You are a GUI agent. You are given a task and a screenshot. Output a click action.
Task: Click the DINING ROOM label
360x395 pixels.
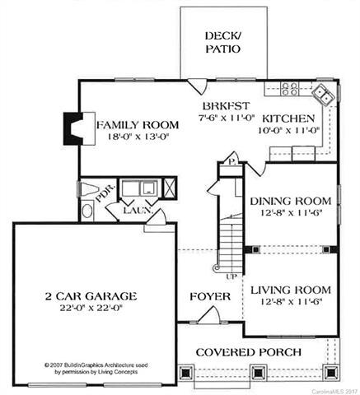tap(290, 200)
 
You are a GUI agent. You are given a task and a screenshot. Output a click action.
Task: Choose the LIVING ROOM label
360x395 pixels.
tap(290, 290)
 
